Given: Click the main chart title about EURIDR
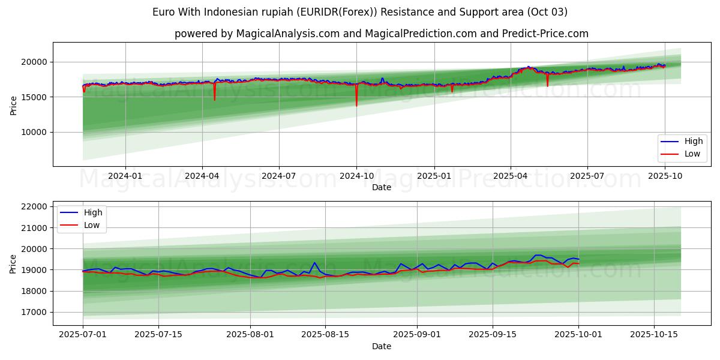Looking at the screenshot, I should click(x=360, y=12).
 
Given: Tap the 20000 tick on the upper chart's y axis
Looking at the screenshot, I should click(x=35, y=62).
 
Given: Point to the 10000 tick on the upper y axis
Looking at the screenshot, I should click(x=35, y=132).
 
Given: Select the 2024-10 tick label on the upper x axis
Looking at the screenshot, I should click(x=356, y=176).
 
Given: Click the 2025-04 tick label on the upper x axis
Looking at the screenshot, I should click(x=511, y=176).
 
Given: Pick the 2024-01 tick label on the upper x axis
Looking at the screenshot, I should click(x=125, y=176).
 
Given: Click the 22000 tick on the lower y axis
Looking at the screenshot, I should click(x=35, y=206).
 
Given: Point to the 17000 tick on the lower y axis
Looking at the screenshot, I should click(x=35, y=312).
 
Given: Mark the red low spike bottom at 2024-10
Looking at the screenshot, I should click(x=356, y=106).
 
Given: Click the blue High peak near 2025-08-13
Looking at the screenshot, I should click(x=314, y=262).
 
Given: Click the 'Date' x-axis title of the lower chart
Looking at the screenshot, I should click(x=382, y=346).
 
